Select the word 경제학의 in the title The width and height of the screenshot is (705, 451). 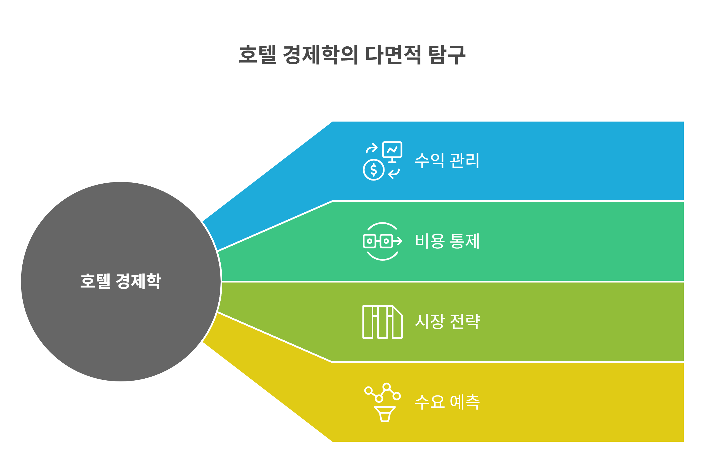320,55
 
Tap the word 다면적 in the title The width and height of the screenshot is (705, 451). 393,55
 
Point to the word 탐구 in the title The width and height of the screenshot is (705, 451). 447,55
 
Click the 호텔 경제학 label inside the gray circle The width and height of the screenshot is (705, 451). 121,281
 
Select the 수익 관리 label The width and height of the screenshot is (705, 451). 447,160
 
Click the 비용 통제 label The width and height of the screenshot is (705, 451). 447,241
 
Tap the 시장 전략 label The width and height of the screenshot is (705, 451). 447,322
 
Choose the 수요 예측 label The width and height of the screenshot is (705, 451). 447,402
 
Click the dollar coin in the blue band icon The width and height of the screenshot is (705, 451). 374,170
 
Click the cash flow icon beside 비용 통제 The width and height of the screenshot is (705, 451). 382,241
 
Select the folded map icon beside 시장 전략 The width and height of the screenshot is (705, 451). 382,322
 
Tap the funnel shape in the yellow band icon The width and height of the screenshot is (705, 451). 385,414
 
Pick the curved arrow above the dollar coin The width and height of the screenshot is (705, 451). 372,148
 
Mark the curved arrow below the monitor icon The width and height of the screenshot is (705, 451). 394,173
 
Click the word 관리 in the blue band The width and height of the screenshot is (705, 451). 465,160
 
